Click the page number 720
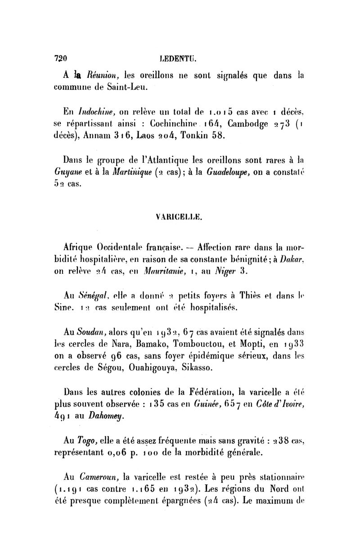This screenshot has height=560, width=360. (x=60, y=58)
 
